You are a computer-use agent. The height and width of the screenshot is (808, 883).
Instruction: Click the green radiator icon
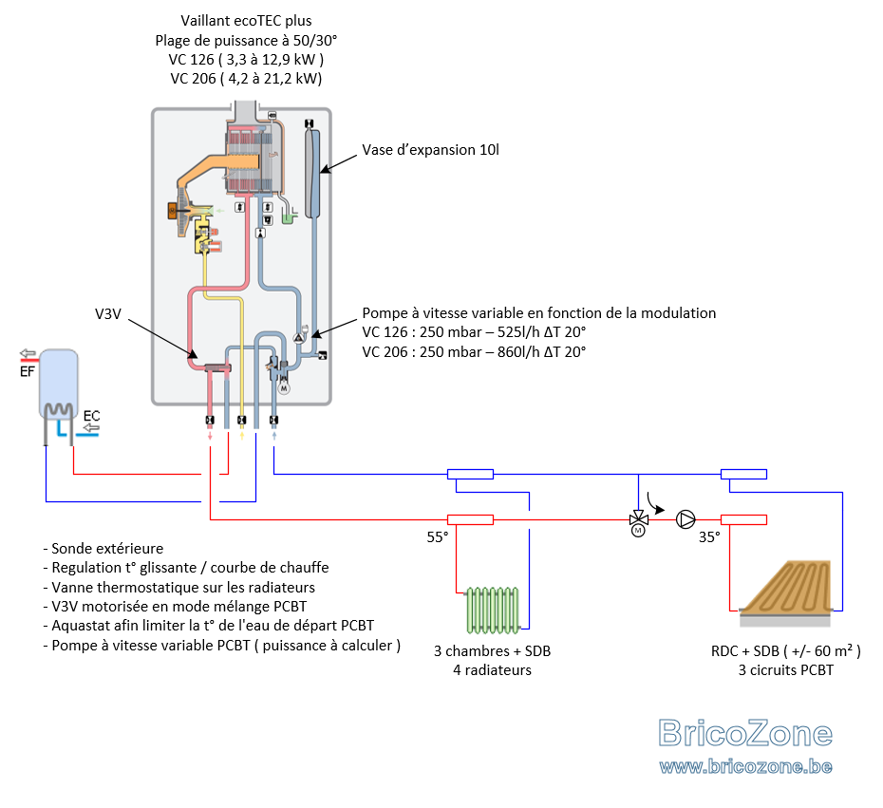(x=493, y=610)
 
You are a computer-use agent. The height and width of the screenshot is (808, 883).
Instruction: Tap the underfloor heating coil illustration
(x=785, y=592)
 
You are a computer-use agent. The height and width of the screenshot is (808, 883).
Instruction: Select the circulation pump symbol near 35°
(x=686, y=519)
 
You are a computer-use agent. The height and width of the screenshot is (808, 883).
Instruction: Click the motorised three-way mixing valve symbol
(x=638, y=522)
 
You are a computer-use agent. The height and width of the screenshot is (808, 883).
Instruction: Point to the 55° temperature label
(x=438, y=537)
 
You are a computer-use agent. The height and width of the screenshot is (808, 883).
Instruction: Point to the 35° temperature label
(x=709, y=537)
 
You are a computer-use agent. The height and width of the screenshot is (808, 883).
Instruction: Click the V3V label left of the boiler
(x=108, y=313)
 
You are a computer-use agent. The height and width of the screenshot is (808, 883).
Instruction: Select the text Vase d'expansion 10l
(x=430, y=150)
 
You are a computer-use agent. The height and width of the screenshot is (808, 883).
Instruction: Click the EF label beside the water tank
(x=27, y=371)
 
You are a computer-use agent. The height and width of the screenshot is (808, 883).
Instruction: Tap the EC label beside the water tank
(x=91, y=416)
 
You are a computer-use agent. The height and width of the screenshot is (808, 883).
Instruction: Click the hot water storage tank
(x=59, y=384)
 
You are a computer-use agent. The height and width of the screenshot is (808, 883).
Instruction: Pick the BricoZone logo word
(x=745, y=733)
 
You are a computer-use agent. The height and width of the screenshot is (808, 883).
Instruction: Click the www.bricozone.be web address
(x=745, y=766)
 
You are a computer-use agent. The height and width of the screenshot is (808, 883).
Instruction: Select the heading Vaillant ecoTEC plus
(x=246, y=21)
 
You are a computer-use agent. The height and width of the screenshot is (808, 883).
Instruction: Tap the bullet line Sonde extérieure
(x=103, y=549)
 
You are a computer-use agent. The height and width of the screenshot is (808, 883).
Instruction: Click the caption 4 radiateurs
(x=492, y=670)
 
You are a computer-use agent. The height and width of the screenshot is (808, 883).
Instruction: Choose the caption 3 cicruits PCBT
(x=785, y=670)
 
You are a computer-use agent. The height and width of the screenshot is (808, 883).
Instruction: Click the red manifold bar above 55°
(x=470, y=519)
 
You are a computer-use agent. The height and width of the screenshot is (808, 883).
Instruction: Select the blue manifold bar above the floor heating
(x=744, y=474)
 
